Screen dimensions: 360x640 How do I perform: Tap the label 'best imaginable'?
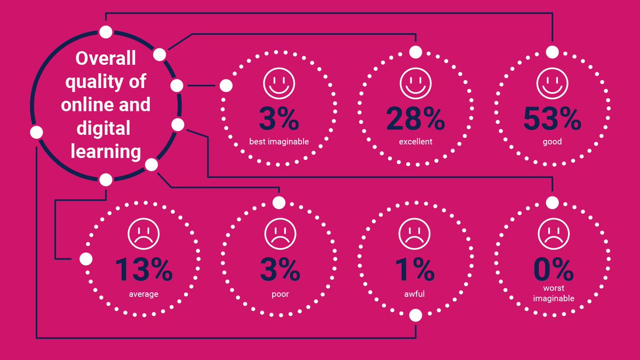279,142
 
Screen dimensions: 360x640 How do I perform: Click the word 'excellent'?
415,142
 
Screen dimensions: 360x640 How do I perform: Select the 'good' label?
552,142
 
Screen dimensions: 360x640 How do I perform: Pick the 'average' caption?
143,294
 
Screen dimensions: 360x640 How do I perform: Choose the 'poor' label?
279,294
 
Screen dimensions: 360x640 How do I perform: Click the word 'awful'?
415,294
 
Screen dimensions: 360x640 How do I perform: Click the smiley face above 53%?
552,85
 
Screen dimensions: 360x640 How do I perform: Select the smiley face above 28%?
415,85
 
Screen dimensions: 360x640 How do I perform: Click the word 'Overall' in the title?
106,58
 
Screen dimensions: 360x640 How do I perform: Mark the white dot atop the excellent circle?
415,52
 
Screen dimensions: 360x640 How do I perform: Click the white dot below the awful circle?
415,315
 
